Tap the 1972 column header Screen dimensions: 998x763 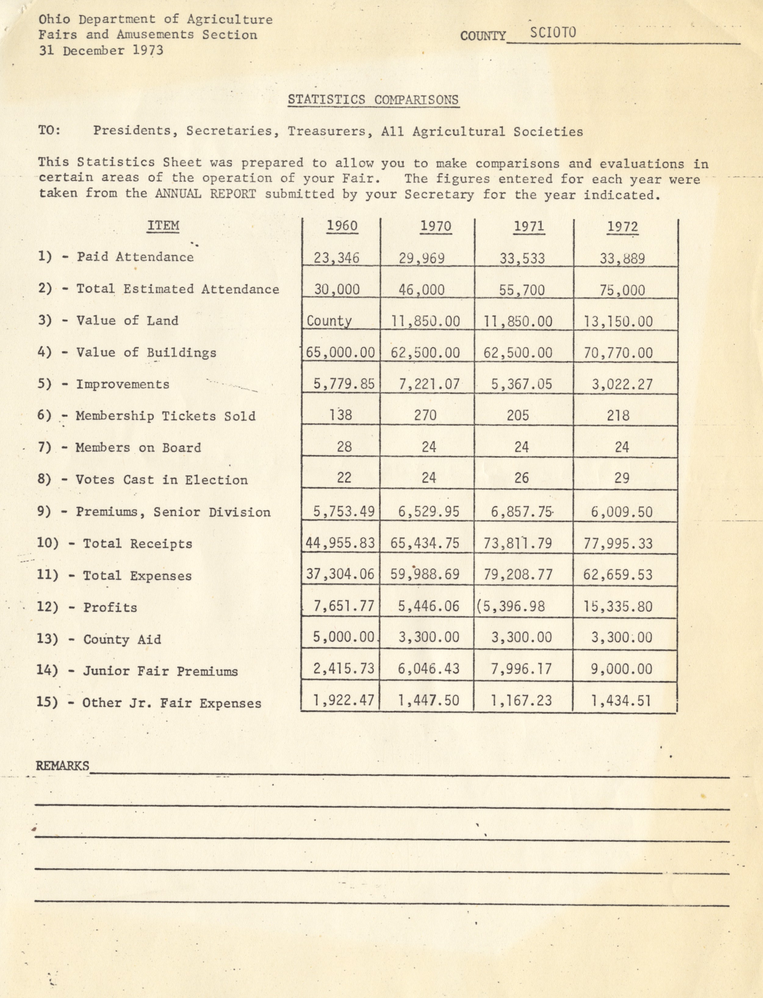pos(622,227)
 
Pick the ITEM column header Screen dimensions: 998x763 pos(163,226)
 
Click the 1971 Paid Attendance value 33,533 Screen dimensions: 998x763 pos(522,258)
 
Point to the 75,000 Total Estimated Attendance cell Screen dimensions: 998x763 pos(622,290)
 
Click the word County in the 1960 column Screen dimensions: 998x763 pos(329,321)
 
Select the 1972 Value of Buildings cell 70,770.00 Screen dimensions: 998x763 pos(618,353)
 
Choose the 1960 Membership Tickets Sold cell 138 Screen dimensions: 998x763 pos(341,415)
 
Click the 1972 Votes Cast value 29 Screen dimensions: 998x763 pos(621,478)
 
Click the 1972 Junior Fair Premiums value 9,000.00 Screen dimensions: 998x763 pos(621,669)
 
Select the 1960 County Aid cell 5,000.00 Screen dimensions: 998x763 pos(343,637)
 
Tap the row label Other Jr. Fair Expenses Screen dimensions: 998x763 pos(172,703)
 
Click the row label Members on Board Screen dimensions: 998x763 pos(138,448)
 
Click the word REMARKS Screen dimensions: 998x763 pos(63,766)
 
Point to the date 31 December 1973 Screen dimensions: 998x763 pos(101,50)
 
